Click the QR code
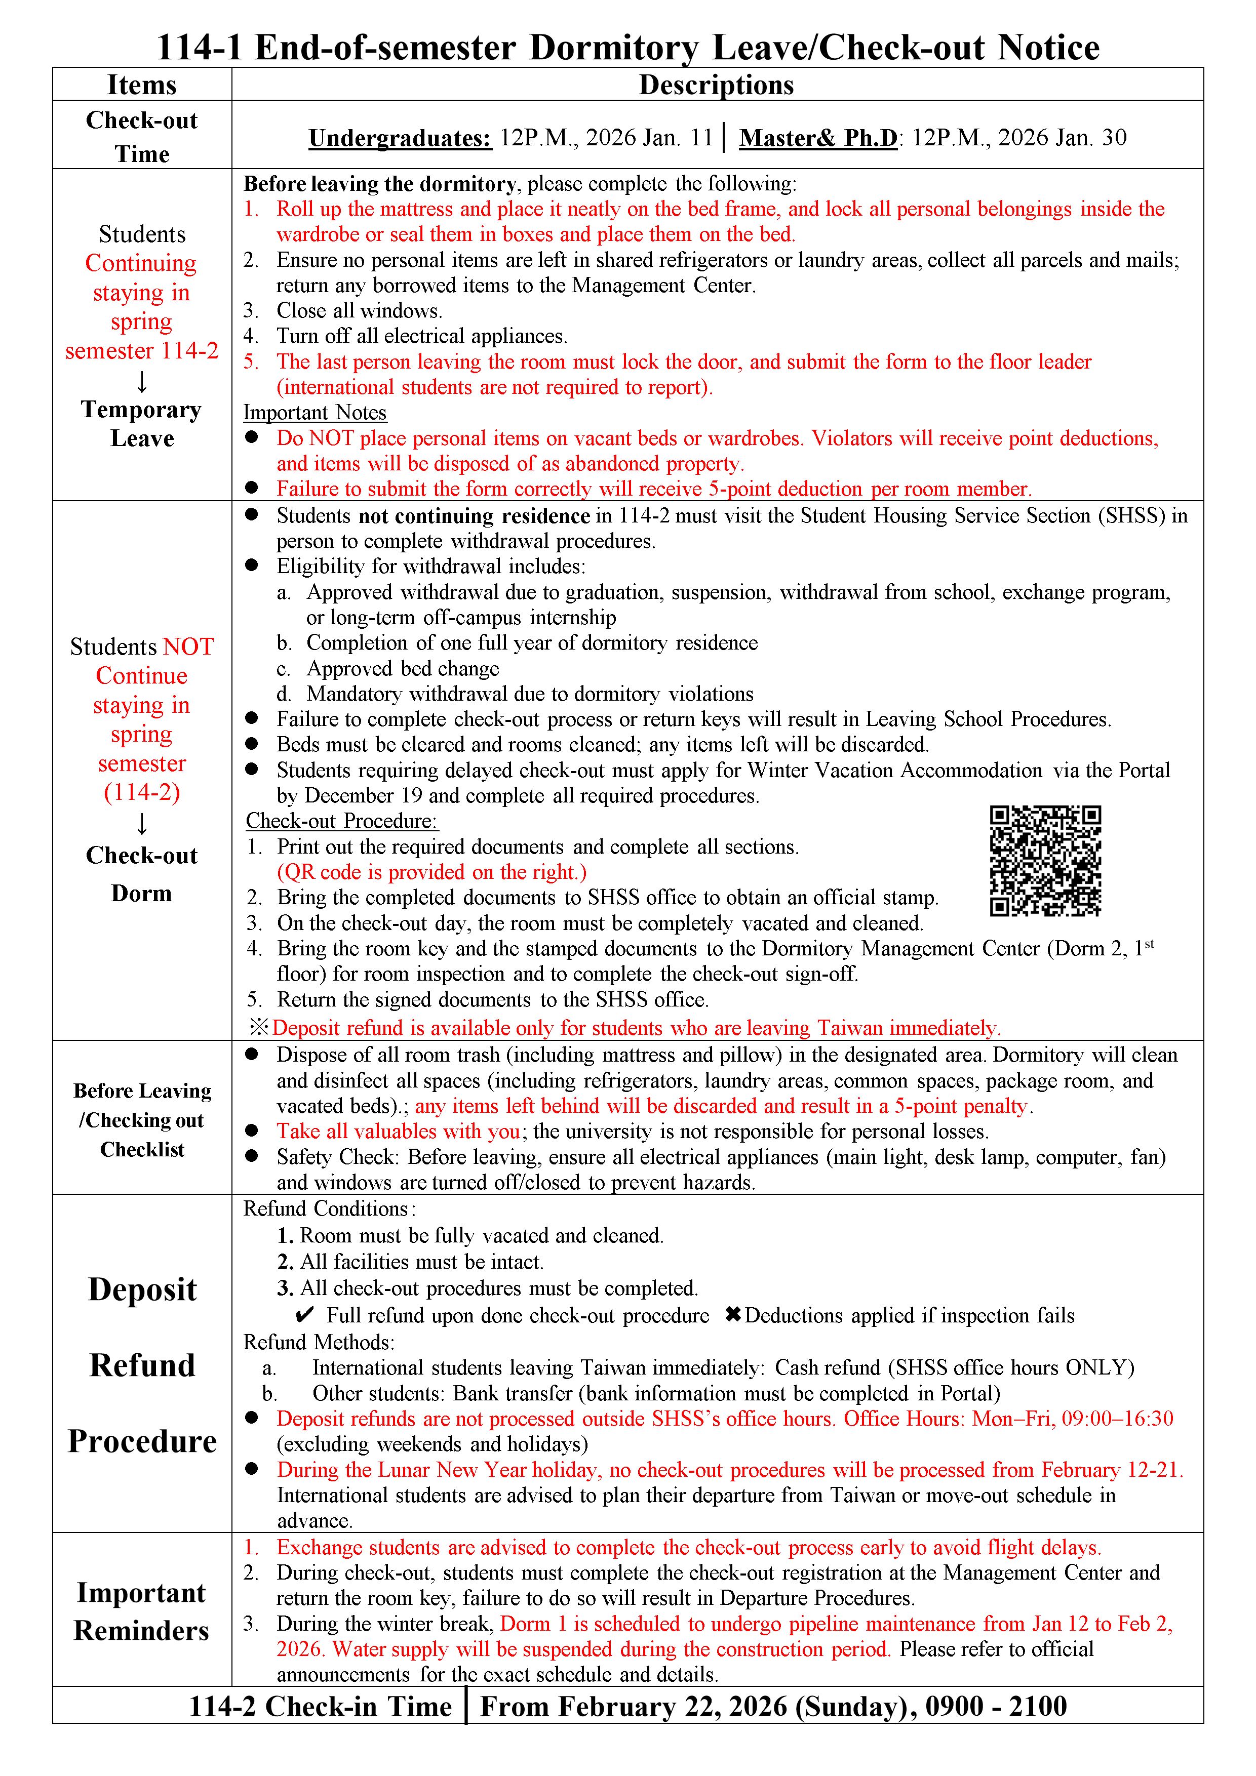click(1045, 861)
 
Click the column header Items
click(142, 85)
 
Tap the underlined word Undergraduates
click(399, 138)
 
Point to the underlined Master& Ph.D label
click(818, 138)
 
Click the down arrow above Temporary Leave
click(142, 381)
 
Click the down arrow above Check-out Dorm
click(142, 824)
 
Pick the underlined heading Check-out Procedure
click(341, 822)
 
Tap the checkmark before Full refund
click(305, 1316)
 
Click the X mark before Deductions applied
click(733, 1315)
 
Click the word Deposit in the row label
click(142, 1290)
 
